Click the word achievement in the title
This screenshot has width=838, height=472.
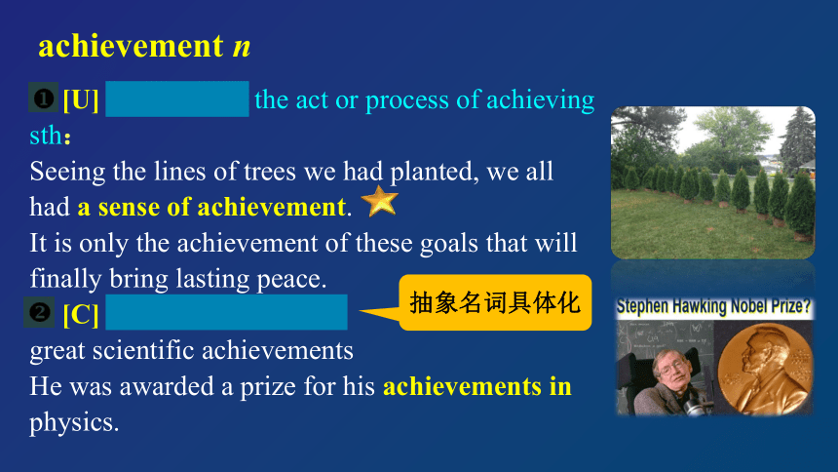131,46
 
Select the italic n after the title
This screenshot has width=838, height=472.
242,47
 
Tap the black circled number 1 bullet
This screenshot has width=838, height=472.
43,98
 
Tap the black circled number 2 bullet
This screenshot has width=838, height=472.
39,311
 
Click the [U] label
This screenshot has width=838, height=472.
81,99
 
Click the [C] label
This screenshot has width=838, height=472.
81,314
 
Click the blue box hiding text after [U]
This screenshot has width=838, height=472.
177,99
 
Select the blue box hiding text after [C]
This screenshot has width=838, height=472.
227,312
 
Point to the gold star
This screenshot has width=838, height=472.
379,201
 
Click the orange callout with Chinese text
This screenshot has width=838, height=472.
495,302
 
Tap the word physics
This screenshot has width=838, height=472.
74,423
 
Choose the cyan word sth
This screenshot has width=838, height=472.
47,136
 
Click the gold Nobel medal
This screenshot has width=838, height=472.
765,370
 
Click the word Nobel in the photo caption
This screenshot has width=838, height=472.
751,306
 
